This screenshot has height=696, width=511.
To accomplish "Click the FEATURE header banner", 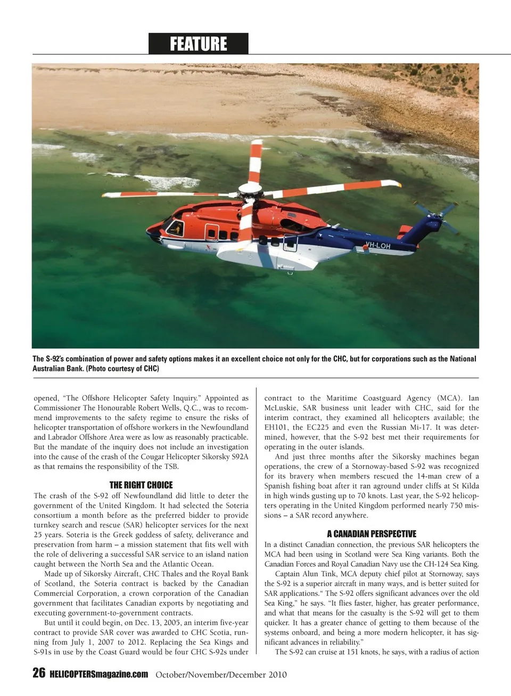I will pos(198,44).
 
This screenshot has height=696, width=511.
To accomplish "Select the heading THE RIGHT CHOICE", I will pos(141,485).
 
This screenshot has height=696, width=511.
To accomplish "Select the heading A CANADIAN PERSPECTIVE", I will pos(372,533).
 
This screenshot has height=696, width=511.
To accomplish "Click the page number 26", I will pos(39,673).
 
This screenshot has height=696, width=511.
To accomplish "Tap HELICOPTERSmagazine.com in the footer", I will pos(98,674).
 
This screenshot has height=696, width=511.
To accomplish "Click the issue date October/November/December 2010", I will pos(221,675).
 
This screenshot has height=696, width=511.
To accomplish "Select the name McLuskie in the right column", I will pos(281,408).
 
